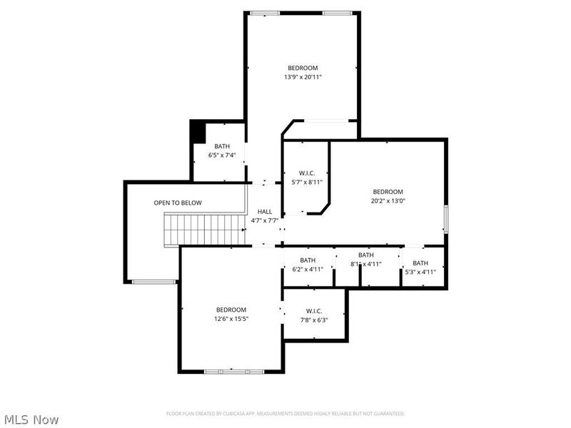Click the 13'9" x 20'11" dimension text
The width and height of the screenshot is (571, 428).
click(x=303, y=77)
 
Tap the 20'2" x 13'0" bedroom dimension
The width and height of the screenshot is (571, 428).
click(x=388, y=201)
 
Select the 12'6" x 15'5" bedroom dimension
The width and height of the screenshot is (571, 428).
click(x=231, y=319)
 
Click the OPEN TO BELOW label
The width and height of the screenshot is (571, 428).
click(x=178, y=203)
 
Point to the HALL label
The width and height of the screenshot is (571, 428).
click(x=265, y=212)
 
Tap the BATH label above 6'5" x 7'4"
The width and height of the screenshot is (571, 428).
click(x=222, y=146)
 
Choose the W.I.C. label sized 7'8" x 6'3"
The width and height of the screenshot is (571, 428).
click(x=314, y=311)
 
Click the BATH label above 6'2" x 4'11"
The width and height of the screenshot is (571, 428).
click(x=308, y=260)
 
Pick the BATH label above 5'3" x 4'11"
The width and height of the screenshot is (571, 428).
click(x=420, y=263)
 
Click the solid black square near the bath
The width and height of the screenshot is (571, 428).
click(x=198, y=132)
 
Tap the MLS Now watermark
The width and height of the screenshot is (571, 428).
click(x=31, y=419)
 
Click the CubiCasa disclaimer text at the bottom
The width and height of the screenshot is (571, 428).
click(x=285, y=414)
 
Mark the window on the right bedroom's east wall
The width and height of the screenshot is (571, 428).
click(x=445, y=219)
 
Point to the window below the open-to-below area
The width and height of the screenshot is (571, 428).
click(x=154, y=281)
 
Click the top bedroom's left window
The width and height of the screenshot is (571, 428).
click(x=265, y=13)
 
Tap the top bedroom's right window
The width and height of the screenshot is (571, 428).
click(x=337, y=13)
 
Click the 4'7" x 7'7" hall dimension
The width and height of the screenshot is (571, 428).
click(x=265, y=220)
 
